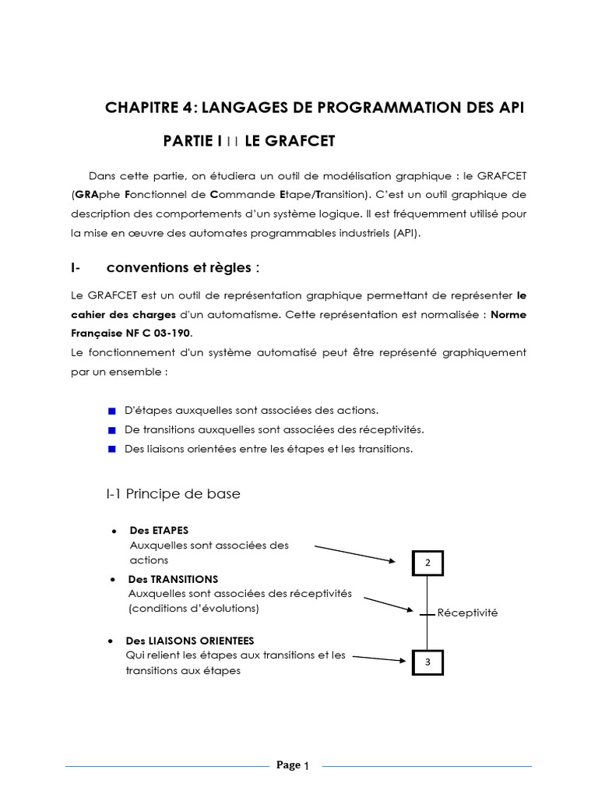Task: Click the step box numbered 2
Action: coord(426,563)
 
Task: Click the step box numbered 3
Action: coord(426,662)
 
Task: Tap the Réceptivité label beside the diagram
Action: coord(467,613)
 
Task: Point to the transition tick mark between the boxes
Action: coord(426,615)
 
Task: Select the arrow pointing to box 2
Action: coord(355,553)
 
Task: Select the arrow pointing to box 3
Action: coord(379,659)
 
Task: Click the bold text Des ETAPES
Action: coord(159,530)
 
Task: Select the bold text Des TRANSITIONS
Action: coord(173,579)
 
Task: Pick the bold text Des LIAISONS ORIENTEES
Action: coord(191,641)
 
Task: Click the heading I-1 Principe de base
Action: coord(173,494)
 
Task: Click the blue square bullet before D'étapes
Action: coord(111,410)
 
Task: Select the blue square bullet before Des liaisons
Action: coord(111,449)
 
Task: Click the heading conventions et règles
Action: coord(182,268)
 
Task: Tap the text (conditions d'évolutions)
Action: coord(194,608)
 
